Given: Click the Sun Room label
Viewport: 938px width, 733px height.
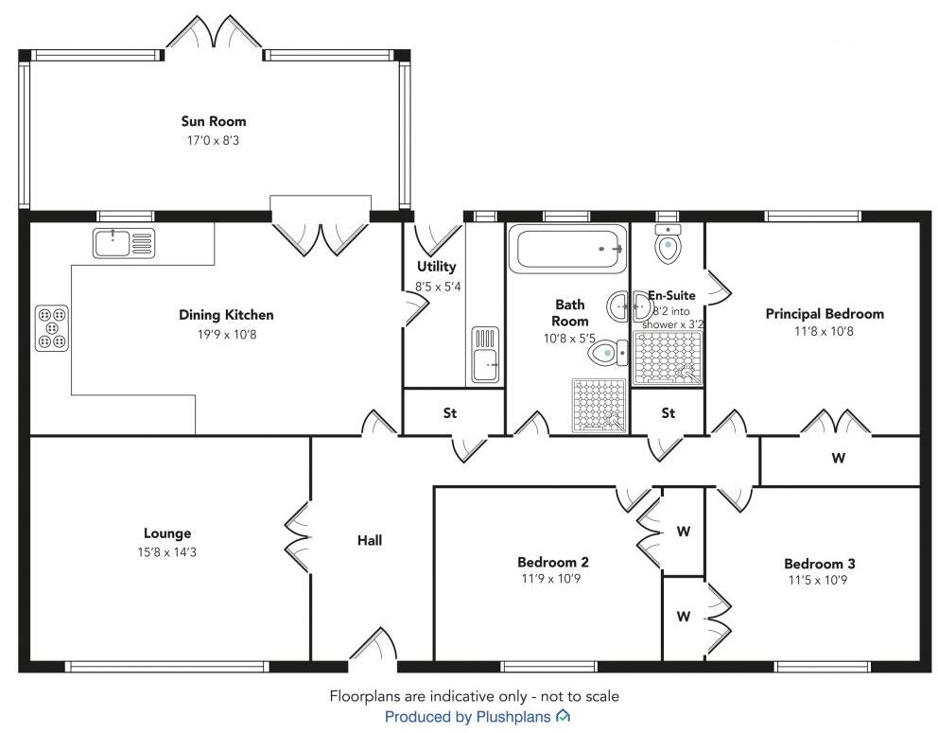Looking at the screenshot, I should tap(214, 121).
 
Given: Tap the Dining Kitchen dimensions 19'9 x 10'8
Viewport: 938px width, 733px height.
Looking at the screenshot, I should tap(226, 333).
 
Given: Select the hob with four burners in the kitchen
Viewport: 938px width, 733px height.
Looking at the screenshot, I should tap(52, 327).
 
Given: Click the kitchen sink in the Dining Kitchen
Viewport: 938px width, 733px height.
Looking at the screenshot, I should tap(123, 243).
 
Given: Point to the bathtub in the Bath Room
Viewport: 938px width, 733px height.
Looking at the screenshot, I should tap(567, 249).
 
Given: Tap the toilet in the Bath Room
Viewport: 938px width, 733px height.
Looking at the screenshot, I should tap(605, 354).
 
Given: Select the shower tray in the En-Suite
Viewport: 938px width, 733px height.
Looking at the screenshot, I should tap(668, 358).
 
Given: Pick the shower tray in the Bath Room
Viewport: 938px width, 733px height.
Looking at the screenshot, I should tap(599, 406).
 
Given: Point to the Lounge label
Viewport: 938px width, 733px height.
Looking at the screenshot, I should tap(167, 533).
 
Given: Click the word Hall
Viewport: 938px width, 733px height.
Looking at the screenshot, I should tap(370, 541).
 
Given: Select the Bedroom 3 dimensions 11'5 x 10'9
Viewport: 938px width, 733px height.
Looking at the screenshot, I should tap(812, 581).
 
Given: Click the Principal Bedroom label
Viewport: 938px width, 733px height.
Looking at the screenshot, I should tap(825, 314).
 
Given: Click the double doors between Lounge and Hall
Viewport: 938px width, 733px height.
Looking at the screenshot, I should tap(300, 536).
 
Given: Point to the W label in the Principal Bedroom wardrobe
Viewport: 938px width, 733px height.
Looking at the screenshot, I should tap(838, 460).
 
